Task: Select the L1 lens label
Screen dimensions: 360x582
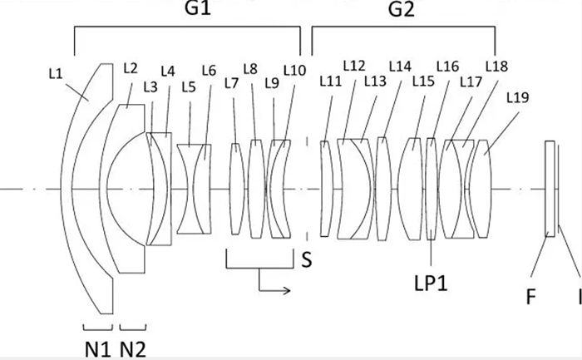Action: pos(57,72)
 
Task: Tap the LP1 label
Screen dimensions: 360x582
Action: pos(432,282)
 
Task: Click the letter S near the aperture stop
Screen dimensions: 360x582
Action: pos(306,260)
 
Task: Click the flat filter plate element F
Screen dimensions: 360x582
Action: pos(550,190)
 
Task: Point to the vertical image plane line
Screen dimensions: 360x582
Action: pos(560,190)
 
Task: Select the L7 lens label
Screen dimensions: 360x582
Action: pos(230,82)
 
